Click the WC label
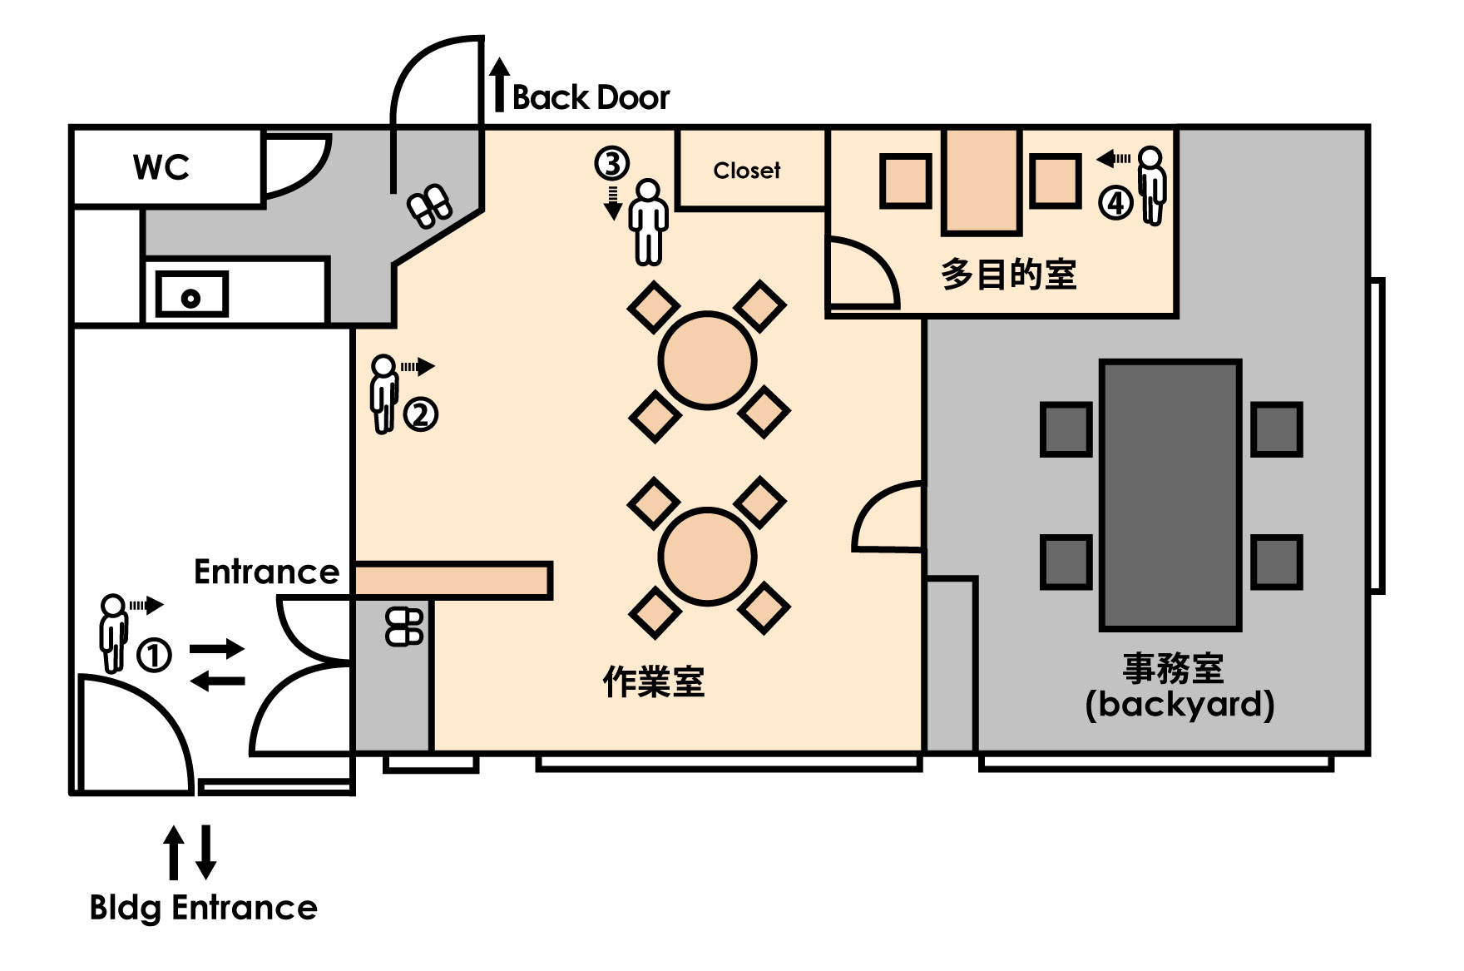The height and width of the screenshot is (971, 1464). (x=161, y=167)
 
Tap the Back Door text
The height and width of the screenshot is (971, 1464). (x=591, y=98)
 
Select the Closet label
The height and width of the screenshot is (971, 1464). (x=747, y=171)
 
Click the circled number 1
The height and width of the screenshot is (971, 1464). (x=154, y=655)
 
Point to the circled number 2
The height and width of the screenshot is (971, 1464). (x=421, y=414)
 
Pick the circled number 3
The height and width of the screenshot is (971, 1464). (x=611, y=163)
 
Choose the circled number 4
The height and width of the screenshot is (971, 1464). (x=1115, y=202)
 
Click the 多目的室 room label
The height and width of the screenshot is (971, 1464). (x=1008, y=275)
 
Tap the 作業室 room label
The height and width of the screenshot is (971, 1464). (x=654, y=682)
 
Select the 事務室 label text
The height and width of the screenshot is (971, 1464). (x=1173, y=668)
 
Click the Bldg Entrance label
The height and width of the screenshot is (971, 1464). (x=204, y=908)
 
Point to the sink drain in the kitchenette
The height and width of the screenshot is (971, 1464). (x=191, y=298)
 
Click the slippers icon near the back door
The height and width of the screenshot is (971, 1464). (x=429, y=206)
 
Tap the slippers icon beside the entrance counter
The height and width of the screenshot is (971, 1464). (x=404, y=627)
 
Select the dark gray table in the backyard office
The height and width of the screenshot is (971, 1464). (x=1171, y=494)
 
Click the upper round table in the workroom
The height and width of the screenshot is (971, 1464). (x=707, y=360)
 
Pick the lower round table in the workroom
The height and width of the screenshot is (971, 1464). (x=707, y=557)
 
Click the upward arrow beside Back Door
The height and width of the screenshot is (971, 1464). (x=498, y=85)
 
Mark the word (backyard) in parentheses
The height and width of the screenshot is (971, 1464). (x=1180, y=705)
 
